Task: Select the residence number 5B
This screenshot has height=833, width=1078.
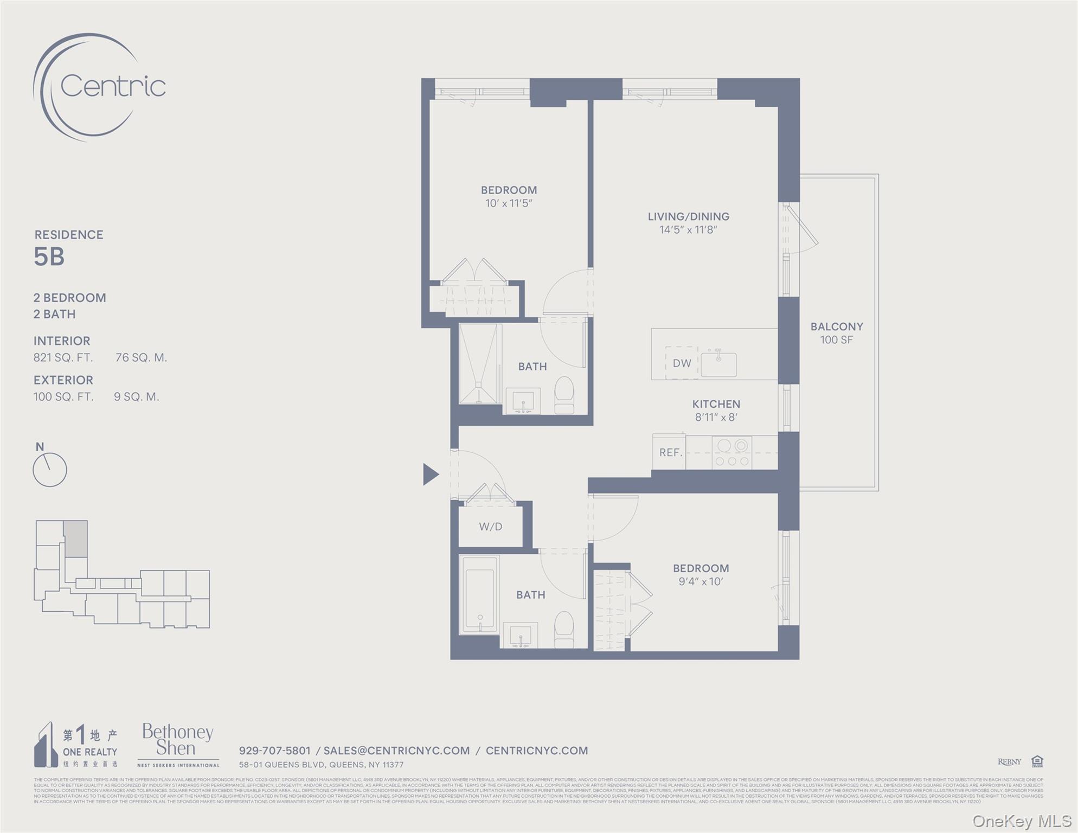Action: pyautogui.click(x=49, y=257)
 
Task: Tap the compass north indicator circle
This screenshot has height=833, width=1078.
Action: pyautogui.click(x=49, y=470)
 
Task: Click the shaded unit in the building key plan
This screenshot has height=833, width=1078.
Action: pyautogui.click(x=76, y=539)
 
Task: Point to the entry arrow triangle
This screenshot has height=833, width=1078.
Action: pyautogui.click(x=430, y=474)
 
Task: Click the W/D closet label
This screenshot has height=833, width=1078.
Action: pyautogui.click(x=490, y=527)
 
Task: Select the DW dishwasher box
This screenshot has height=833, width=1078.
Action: pyautogui.click(x=682, y=363)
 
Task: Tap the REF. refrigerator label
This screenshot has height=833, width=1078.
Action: pyautogui.click(x=670, y=452)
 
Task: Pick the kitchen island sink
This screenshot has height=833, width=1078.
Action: pyautogui.click(x=718, y=364)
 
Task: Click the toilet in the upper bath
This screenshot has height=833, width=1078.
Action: pyautogui.click(x=564, y=395)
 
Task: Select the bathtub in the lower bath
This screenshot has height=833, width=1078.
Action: pyautogui.click(x=479, y=594)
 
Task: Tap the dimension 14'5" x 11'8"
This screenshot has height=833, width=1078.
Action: pyautogui.click(x=688, y=230)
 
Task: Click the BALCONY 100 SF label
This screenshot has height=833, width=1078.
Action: pyautogui.click(x=836, y=333)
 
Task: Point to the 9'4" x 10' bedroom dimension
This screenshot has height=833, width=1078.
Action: pyautogui.click(x=701, y=581)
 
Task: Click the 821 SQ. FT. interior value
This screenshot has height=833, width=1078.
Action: pyautogui.click(x=63, y=357)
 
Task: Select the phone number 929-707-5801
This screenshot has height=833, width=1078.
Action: pyautogui.click(x=274, y=751)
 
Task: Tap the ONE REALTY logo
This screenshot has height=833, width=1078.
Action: pyautogui.click(x=76, y=745)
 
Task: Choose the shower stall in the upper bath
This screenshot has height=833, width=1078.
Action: pyautogui.click(x=479, y=364)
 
